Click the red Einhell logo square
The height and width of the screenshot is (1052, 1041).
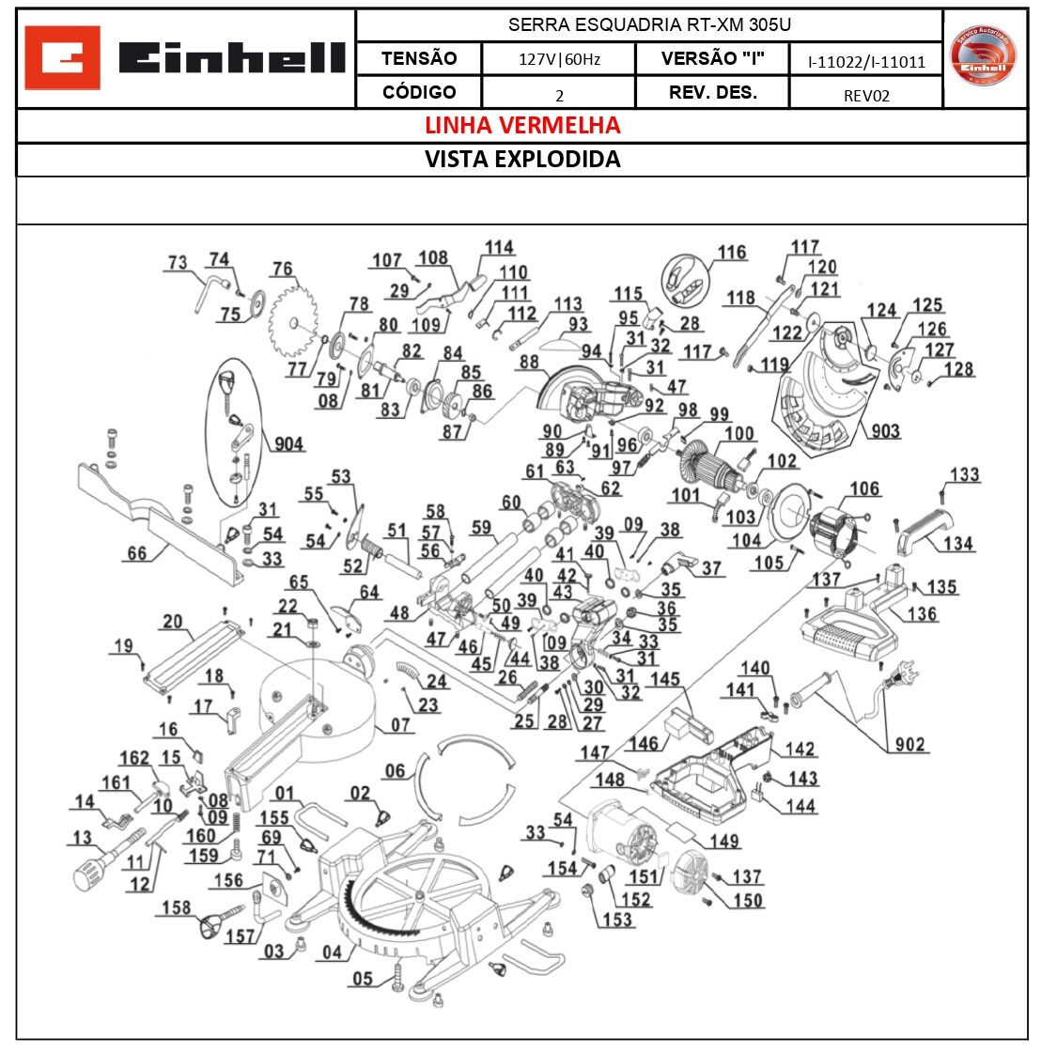coord(62,58)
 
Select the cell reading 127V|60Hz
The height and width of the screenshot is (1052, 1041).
coord(559,59)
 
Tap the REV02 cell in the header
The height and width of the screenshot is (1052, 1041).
coord(865,94)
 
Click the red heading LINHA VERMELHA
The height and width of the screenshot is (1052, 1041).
coord(522,125)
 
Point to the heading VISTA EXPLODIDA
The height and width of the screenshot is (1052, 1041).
coord(522,159)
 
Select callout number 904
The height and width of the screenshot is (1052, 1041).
coord(288,443)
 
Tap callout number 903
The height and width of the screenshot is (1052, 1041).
coord(885,431)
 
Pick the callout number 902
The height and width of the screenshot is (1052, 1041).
coord(909,744)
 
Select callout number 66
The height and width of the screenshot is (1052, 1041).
coord(137,553)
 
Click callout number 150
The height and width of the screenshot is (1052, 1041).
coord(748,901)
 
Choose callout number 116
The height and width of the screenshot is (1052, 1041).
coord(732,253)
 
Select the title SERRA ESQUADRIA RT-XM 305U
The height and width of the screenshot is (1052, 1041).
coord(649,25)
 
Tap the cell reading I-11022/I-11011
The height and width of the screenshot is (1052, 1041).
coord(866,62)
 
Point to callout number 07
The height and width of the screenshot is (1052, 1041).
coord(401,725)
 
